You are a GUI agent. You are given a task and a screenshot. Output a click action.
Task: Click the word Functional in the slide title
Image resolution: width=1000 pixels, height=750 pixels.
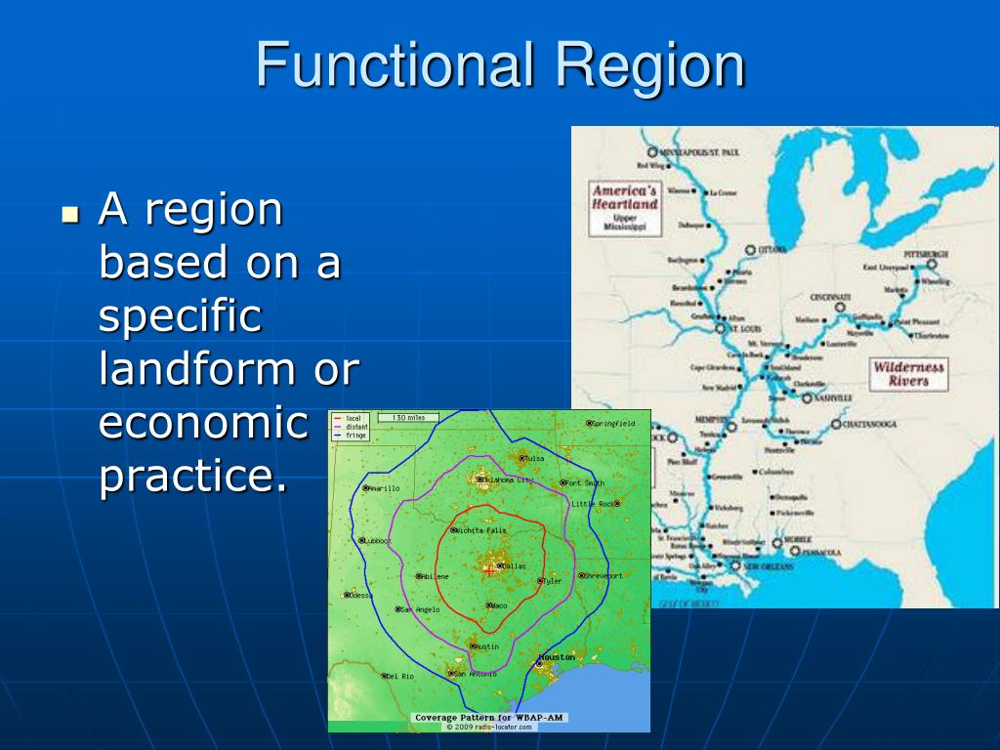point(395,66)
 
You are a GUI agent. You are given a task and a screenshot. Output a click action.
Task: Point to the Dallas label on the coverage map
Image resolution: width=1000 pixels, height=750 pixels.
point(513,565)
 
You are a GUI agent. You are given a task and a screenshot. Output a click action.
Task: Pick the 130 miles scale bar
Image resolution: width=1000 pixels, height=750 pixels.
point(408,418)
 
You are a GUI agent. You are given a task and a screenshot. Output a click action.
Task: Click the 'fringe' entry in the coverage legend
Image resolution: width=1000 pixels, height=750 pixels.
point(356,436)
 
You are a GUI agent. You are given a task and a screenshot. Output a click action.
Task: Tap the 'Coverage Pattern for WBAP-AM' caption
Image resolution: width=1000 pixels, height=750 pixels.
point(489,718)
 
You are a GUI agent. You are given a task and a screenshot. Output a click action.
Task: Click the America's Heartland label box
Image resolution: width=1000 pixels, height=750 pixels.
point(625,207)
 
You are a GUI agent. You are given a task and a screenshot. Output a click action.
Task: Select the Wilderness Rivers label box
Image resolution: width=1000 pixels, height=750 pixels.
point(907,374)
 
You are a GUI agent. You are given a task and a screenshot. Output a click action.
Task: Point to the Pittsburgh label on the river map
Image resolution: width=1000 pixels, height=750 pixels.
point(926,254)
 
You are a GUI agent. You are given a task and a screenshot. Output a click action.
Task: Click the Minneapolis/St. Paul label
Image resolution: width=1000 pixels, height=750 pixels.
point(700,153)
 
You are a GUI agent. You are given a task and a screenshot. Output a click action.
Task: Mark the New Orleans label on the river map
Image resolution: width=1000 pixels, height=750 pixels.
point(768,566)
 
